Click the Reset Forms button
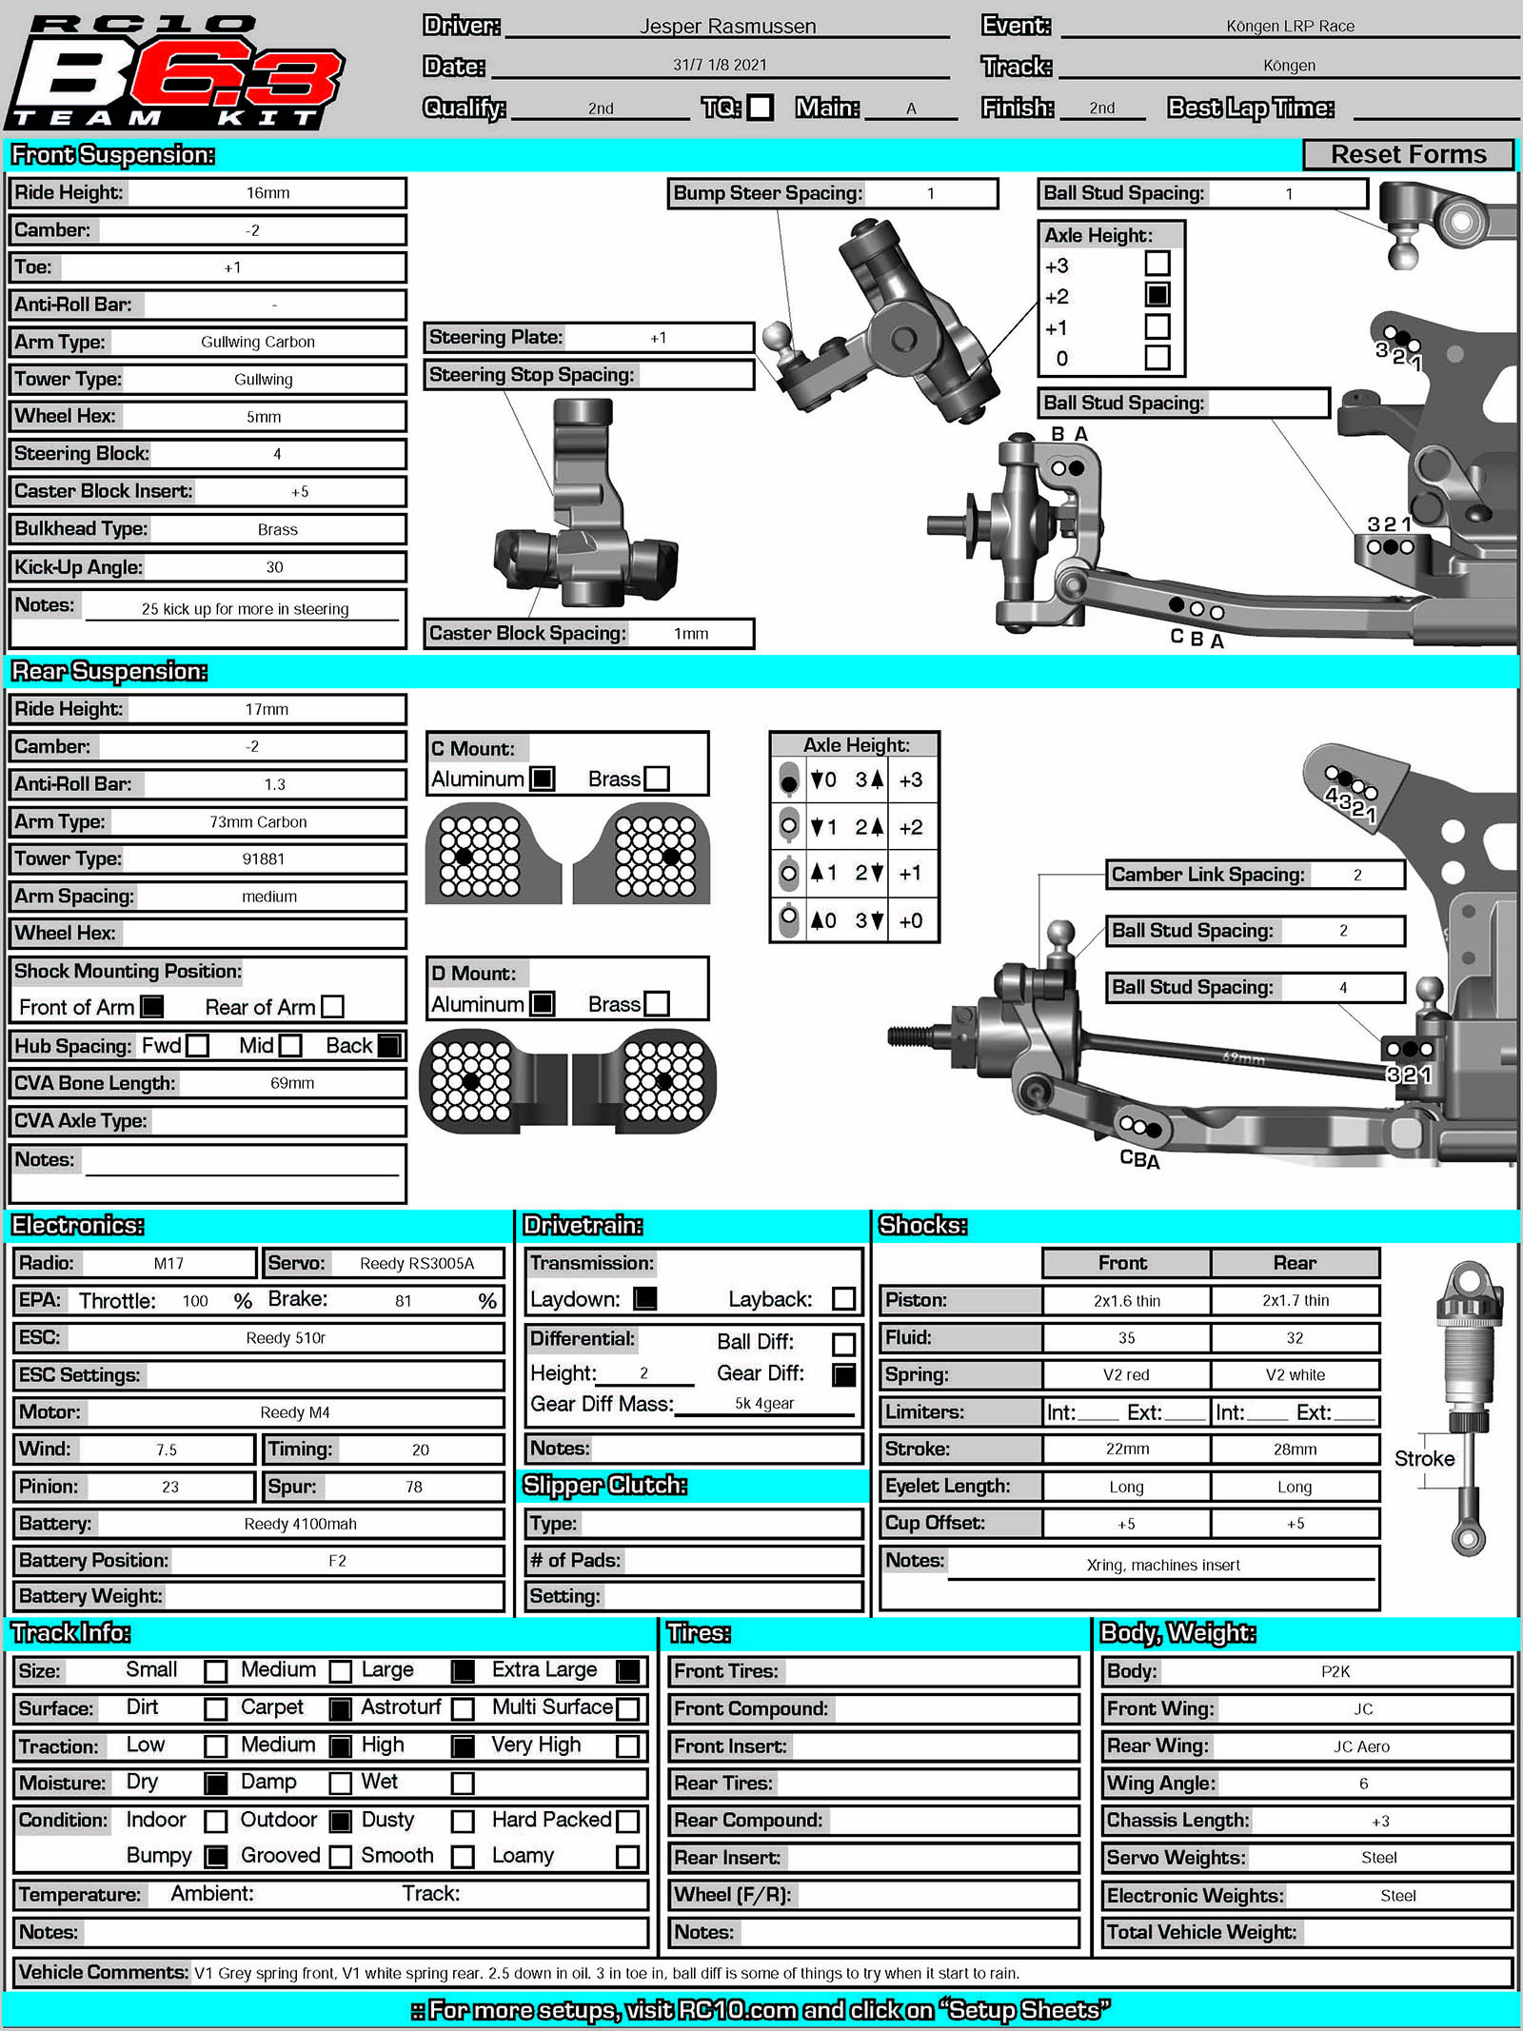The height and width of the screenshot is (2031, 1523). [1408, 154]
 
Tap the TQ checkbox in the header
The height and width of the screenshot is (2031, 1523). [760, 108]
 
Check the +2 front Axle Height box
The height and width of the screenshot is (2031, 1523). [1157, 295]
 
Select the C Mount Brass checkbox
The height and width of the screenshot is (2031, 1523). [657, 779]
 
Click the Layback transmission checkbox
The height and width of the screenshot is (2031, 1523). [843, 1298]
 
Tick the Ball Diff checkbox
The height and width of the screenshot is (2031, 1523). [843, 1343]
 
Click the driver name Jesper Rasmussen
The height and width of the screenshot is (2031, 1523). [728, 27]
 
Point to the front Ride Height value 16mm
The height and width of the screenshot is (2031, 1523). [267, 193]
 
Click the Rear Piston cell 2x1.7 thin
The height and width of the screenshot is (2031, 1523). [1296, 1300]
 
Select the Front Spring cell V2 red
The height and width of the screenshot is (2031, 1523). [1126, 1374]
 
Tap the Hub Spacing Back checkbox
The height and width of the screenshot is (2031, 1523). [389, 1045]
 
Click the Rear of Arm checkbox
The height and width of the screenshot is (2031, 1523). [332, 1006]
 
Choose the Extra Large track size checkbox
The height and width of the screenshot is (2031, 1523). [628, 1670]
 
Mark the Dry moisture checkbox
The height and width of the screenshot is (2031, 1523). [216, 1783]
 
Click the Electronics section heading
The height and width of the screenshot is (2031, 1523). [78, 1225]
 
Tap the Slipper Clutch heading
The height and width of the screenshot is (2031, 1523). [605, 1485]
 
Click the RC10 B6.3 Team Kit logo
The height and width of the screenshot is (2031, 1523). [176, 71]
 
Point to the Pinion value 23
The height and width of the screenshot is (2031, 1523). [170, 1487]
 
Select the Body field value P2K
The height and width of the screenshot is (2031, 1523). [1335, 1671]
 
